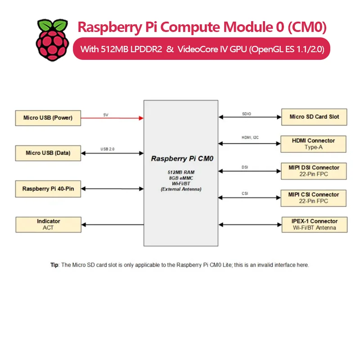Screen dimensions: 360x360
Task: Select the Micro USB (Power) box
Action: (48, 118)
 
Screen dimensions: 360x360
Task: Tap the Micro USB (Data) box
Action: (48, 153)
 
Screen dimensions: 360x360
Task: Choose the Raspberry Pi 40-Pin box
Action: (48, 189)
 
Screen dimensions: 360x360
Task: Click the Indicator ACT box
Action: (48, 224)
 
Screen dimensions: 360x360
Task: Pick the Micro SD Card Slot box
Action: (314, 117)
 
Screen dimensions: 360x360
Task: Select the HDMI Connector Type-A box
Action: (314, 144)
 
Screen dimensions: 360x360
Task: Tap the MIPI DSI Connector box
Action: (314, 171)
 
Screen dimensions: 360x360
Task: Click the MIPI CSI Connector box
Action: (314, 198)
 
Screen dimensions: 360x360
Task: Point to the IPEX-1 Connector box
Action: (314, 225)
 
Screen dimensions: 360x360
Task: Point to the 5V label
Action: (106, 115)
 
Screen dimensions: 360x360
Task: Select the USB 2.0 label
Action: (108, 148)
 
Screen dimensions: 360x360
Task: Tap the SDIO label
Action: (247, 114)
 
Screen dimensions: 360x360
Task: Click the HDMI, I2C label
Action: (250, 138)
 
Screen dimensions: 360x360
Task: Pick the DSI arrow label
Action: (245, 167)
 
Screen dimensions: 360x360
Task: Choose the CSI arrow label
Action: (245, 194)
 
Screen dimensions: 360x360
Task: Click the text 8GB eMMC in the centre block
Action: (180, 178)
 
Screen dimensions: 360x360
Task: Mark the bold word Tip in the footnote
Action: (54, 265)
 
